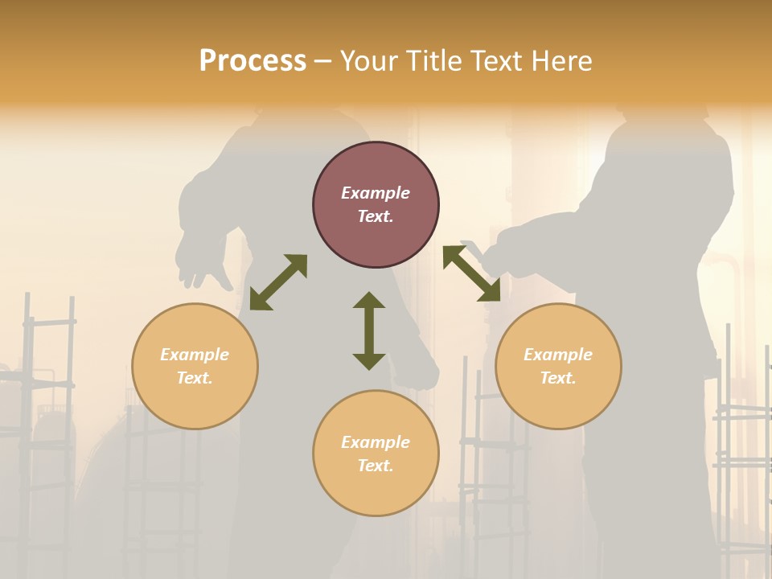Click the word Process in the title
[253, 61]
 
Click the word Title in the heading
[432, 61]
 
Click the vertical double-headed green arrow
[369, 331]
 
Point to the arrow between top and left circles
[278, 282]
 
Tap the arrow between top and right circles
[471, 273]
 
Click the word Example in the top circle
[376, 193]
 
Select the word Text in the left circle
[195, 378]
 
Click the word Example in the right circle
[558, 355]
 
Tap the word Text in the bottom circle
[376, 466]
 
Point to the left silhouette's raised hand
[201, 261]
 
